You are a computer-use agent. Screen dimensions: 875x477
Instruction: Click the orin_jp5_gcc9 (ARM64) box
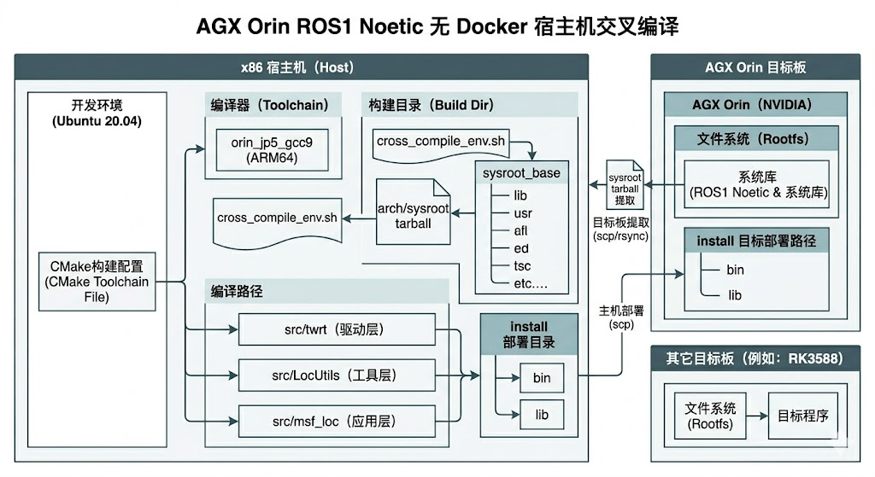272,150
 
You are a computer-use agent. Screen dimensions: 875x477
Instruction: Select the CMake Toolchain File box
97,282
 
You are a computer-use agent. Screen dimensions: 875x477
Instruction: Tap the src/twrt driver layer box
337,329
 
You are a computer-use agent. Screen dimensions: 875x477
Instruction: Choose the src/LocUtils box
337,375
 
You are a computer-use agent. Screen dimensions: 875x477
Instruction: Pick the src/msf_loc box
337,422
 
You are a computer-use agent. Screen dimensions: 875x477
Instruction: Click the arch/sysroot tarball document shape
413,212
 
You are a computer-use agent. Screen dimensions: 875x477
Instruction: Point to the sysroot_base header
521,172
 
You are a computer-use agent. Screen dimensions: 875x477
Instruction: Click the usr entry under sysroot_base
523,212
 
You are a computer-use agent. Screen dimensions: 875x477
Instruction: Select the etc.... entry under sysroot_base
531,283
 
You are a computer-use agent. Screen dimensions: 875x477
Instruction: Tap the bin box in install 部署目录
541,378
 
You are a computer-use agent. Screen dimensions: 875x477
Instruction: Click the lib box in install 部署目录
541,415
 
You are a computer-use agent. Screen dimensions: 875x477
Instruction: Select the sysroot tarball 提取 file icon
625,184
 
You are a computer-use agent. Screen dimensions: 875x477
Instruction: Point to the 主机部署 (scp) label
621,317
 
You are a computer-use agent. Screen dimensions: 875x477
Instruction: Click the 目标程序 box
803,416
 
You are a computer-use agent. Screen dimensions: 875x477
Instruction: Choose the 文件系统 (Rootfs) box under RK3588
710,416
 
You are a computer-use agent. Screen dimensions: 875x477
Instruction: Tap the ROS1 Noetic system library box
757,184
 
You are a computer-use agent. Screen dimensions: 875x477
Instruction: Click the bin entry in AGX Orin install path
735,270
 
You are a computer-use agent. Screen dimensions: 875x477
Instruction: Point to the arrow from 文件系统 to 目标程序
757,416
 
